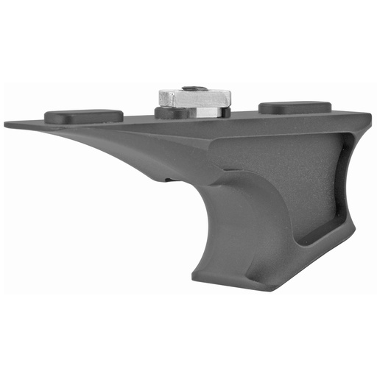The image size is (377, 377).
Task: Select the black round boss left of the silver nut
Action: click(x=164, y=113)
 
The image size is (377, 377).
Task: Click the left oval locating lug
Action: click(x=83, y=116)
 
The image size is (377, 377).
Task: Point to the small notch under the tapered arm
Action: click(x=171, y=180)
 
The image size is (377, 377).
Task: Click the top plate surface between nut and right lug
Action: click(x=243, y=118)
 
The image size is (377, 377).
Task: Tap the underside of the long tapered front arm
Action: click(x=110, y=151)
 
